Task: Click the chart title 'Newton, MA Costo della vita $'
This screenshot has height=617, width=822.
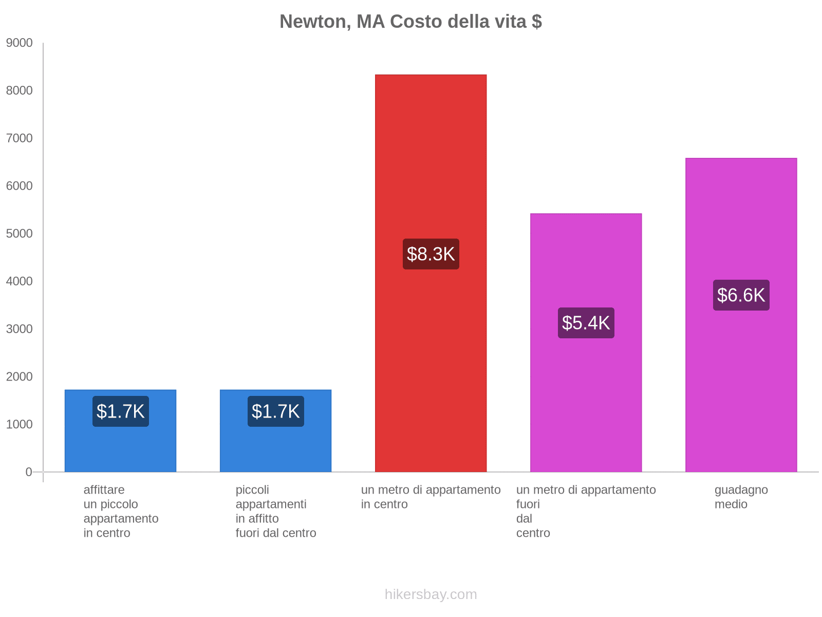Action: (x=410, y=22)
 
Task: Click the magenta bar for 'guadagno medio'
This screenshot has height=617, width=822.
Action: (x=741, y=386)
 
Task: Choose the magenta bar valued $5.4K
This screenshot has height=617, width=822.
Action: (x=586, y=401)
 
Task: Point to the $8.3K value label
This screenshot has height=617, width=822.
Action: (x=431, y=254)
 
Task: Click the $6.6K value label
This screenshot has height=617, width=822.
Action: (x=741, y=295)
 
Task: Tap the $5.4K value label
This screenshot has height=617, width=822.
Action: (x=586, y=323)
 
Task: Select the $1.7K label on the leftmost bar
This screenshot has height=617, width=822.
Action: (x=120, y=411)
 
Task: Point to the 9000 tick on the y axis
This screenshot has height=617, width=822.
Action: (x=19, y=43)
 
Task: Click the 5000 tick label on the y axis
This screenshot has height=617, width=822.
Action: (x=19, y=234)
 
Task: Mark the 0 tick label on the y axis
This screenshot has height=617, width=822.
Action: (x=29, y=472)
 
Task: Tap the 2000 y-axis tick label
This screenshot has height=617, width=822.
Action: (x=19, y=377)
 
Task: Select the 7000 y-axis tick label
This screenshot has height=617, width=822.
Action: (x=19, y=138)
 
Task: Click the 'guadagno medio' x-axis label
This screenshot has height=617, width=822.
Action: (x=741, y=497)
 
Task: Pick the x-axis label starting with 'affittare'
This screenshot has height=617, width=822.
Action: (x=121, y=512)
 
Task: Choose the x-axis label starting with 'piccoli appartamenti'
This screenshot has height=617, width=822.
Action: (x=275, y=512)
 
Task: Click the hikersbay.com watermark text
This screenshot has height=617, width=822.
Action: (x=431, y=594)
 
